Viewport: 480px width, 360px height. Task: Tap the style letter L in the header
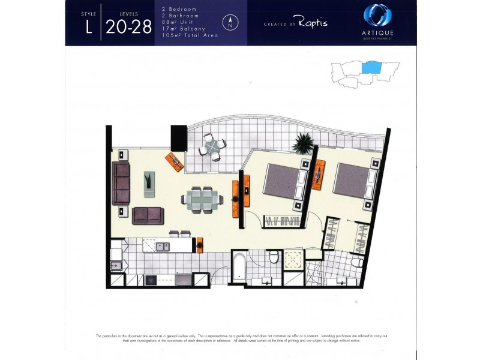coord(88,27)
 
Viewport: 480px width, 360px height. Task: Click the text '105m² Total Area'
coord(190,35)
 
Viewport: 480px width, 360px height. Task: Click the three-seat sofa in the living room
coord(121,183)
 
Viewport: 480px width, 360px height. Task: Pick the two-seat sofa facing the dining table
coord(148,215)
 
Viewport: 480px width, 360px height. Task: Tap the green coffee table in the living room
coord(148,181)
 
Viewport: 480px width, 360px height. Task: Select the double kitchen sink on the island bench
coord(163,245)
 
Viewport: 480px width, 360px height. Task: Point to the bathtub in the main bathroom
coord(238,268)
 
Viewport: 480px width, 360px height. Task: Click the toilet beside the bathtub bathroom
coord(274,258)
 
